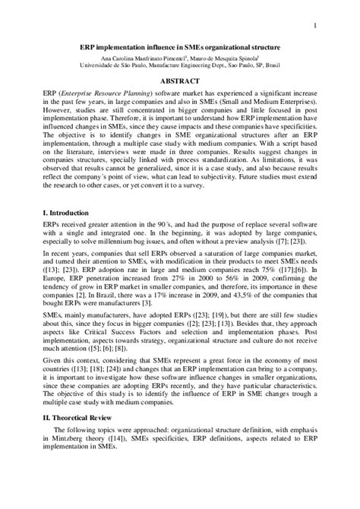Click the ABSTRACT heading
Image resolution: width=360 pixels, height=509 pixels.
click(179, 80)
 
